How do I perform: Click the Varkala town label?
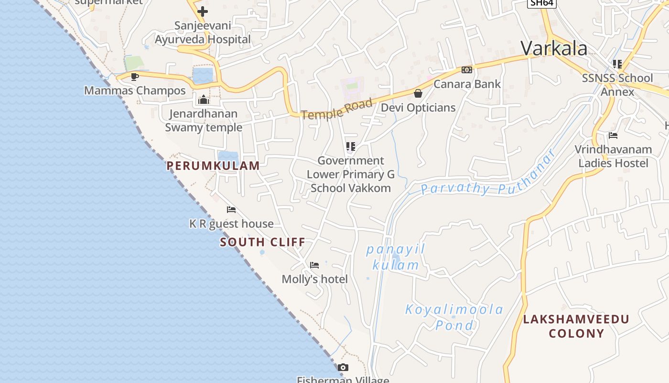(x=554, y=48)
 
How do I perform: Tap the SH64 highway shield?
(x=542, y=3)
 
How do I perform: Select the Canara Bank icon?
(x=467, y=70)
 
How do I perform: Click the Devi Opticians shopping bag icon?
(x=418, y=93)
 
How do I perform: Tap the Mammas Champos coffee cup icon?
(x=135, y=77)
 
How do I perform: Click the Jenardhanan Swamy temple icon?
(x=204, y=100)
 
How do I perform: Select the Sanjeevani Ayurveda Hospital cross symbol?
(x=203, y=11)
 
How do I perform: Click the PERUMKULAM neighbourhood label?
(x=213, y=166)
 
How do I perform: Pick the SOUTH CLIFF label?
(x=262, y=242)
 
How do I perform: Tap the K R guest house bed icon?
(x=231, y=210)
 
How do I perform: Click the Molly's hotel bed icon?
(x=314, y=265)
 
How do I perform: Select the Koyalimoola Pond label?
(x=454, y=317)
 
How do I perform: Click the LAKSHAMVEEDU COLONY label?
(x=576, y=326)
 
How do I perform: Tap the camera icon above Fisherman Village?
(x=343, y=368)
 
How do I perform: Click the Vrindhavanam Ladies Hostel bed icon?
(x=613, y=135)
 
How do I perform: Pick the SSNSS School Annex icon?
(x=617, y=64)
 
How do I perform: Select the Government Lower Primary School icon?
(x=351, y=146)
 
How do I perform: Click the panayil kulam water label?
(x=395, y=257)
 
